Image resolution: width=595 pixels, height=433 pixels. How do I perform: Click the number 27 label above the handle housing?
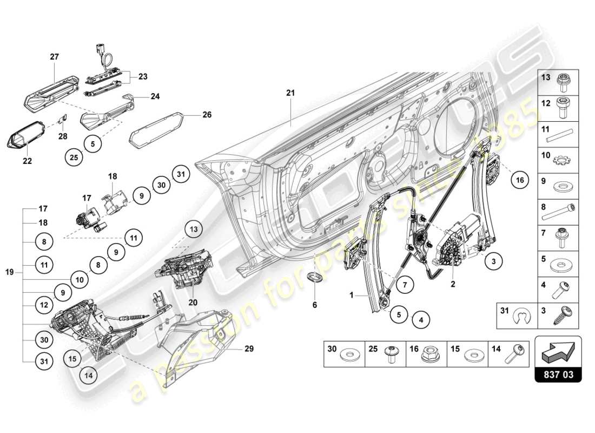coord(55,56)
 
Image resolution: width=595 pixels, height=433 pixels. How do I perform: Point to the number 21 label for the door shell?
coord(290,93)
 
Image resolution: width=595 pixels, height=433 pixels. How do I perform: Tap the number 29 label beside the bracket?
coord(249,349)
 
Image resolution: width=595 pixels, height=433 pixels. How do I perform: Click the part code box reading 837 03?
coord(558,374)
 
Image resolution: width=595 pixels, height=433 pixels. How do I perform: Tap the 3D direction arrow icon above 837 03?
coord(558,352)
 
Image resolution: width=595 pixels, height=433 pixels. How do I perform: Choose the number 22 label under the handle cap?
coord(27,161)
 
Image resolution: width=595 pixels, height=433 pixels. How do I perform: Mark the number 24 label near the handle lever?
coord(155,97)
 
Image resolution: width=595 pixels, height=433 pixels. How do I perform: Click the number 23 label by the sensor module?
coord(143,77)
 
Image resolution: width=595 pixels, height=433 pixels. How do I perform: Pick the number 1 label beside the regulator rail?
coord(352,296)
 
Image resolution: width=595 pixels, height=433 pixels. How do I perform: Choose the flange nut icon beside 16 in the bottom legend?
coord(431,355)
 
